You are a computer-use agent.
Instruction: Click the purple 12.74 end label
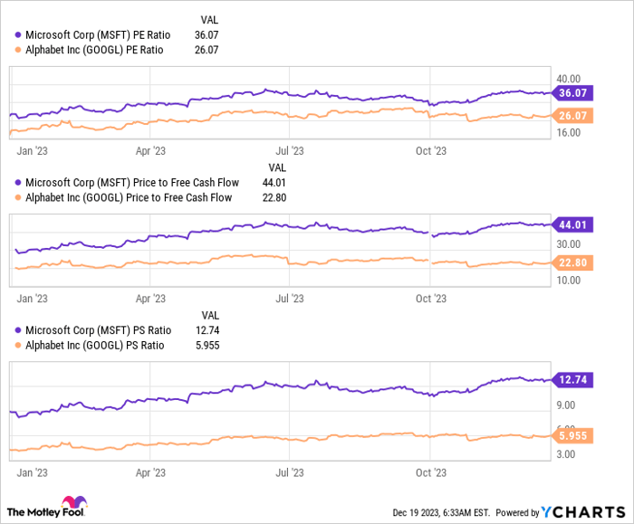(x=575, y=380)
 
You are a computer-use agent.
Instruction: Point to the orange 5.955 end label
(x=575, y=435)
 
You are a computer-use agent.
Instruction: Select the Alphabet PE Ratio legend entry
(x=91, y=50)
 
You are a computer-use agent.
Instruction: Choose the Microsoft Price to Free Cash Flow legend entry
(x=126, y=182)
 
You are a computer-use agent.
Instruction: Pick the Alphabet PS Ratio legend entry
(x=91, y=345)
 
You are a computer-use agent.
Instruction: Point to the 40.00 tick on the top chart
(x=568, y=80)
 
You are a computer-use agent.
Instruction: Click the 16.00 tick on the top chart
(x=568, y=133)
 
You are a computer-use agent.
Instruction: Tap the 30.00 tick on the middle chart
(x=568, y=244)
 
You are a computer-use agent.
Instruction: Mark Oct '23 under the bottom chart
(x=431, y=472)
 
